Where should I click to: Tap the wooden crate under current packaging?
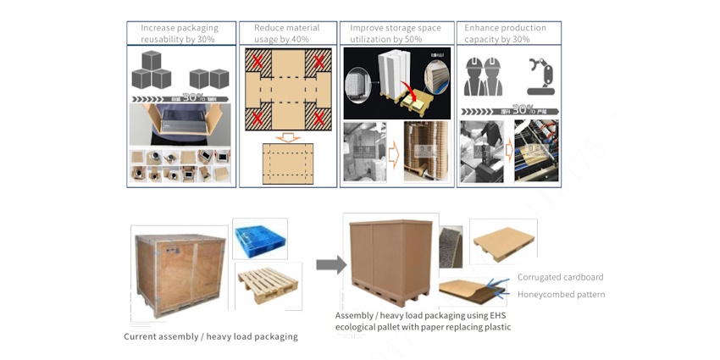point(179,272)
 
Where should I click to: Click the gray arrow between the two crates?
point(331,265)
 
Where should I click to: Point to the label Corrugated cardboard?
point(560,277)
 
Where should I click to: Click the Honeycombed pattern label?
point(561,294)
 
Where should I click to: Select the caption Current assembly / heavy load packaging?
point(211,336)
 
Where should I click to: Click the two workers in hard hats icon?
point(485,75)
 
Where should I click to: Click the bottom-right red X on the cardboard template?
point(319,118)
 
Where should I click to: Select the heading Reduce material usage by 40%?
point(287,33)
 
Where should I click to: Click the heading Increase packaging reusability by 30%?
point(180,33)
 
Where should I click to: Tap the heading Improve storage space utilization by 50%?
point(396,33)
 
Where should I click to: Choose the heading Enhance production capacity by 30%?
point(506,33)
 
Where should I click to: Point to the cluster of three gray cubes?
point(152,70)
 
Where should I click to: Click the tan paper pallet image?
point(503,240)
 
